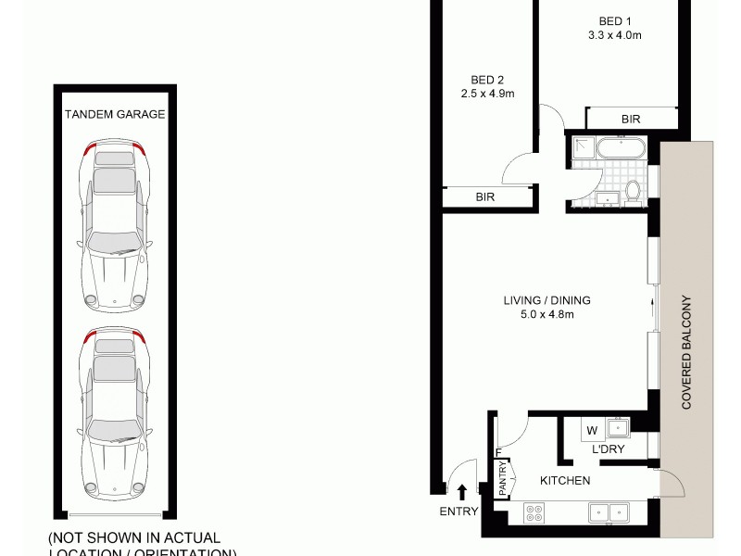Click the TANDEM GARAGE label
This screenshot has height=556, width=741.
click(115, 115)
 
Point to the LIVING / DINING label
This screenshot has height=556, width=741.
click(546, 300)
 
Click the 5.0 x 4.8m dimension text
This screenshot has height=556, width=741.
click(546, 315)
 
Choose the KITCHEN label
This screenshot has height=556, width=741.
click(566, 480)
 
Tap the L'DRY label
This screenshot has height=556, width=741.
click(608, 450)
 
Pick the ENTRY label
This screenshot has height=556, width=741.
click(459, 512)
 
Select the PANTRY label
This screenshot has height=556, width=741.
click(504, 481)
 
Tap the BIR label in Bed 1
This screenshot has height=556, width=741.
click(631, 120)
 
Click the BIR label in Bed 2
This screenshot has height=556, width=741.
click(485, 197)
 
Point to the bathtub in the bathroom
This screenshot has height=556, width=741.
click(619, 147)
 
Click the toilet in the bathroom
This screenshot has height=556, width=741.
click(634, 190)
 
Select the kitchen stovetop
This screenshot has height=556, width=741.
click(534, 512)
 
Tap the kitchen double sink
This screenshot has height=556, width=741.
click(609, 511)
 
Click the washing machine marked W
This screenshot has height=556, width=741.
click(590, 430)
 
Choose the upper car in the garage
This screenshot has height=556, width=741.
click(115, 227)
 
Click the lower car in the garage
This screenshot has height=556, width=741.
click(115, 410)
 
